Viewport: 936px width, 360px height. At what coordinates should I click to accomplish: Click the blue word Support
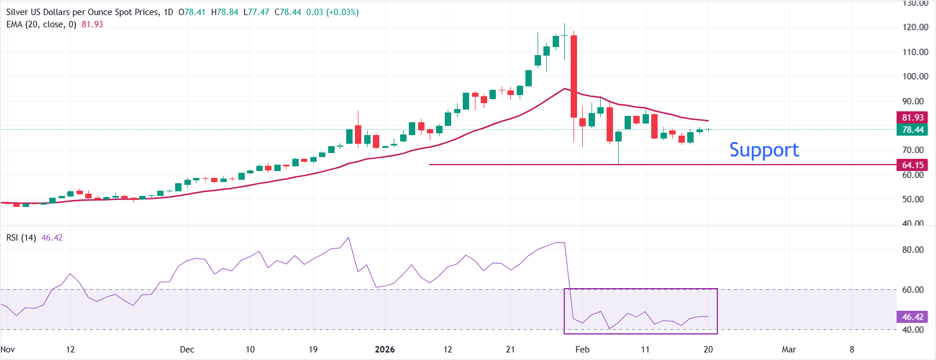click(x=764, y=150)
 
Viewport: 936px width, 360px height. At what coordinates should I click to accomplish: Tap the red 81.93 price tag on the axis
click(x=912, y=118)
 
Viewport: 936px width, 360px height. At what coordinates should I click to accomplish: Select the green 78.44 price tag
click(x=912, y=130)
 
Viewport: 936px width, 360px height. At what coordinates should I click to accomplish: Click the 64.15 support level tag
click(x=912, y=165)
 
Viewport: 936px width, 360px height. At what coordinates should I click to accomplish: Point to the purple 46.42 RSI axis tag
click(x=912, y=317)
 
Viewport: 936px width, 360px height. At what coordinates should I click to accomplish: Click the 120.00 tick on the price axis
click(x=915, y=27)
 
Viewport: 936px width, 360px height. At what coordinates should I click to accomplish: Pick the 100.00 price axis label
click(x=915, y=77)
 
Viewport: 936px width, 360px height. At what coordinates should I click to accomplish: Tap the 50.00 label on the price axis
click(x=915, y=199)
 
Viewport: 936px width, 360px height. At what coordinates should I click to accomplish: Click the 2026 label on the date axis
click(x=384, y=350)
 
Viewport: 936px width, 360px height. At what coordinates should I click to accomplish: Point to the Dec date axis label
click(x=187, y=350)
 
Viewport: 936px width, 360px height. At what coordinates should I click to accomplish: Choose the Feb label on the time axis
click(x=582, y=350)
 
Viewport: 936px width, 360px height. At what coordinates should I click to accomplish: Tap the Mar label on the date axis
click(x=789, y=350)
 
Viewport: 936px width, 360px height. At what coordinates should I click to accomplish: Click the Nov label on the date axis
click(x=8, y=350)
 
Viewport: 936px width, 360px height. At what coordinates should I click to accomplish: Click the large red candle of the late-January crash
click(x=574, y=75)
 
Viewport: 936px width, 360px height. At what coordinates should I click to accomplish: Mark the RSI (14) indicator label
click(x=21, y=238)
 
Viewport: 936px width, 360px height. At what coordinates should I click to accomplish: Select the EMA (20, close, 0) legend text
click(x=41, y=24)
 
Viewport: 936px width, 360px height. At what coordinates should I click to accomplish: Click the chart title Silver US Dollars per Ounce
click(x=82, y=12)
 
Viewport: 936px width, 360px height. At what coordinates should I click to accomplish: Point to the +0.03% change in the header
click(x=343, y=12)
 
